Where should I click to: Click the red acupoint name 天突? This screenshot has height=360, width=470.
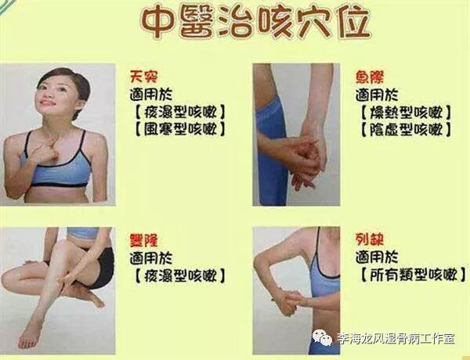[x=144, y=77]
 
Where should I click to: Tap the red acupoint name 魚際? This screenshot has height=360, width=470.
[x=370, y=77]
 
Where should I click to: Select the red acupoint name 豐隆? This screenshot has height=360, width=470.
[x=143, y=240]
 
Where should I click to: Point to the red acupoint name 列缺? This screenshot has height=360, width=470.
[x=370, y=239]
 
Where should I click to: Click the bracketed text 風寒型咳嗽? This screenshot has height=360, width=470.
[x=180, y=129]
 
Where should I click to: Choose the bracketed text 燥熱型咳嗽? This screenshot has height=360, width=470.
[x=406, y=113]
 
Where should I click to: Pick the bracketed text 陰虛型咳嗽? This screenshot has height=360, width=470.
[x=406, y=129]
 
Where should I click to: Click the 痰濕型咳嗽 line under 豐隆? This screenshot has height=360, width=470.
[x=180, y=275]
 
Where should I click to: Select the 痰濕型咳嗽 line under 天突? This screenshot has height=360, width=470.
[x=180, y=113]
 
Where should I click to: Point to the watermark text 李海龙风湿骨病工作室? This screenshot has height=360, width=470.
[x=396, y=339]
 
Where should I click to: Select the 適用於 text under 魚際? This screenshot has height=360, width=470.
[x=377, y=95]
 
